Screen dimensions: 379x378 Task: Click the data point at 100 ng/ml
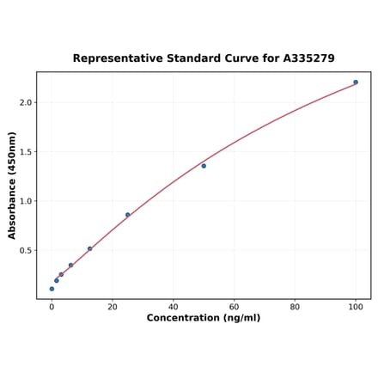coord(356,83)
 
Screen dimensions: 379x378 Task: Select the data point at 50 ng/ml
coord(204,166)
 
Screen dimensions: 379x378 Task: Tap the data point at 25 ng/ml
coord(128,215)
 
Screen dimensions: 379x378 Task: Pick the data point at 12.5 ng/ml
coord(89,249)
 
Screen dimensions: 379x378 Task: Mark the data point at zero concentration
coord(52,289)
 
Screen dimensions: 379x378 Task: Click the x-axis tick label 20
coord(113,307)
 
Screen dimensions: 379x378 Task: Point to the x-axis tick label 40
coord(174,307)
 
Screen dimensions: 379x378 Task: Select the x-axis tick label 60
coord(234,307)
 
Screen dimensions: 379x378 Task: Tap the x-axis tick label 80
coord(295,307)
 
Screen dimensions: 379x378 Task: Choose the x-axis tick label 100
coord(356,307)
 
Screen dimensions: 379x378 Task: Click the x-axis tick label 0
coord(52,307)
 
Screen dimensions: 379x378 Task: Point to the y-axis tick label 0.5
coord(25,251)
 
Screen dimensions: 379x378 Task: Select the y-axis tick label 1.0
coord(25,201)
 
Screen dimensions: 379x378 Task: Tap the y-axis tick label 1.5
coord(25,152)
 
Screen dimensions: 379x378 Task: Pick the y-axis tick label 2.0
coord(25,102)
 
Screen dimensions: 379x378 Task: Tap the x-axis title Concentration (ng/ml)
coord(204,318)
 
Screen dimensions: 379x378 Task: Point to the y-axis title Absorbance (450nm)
coord(12,185)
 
